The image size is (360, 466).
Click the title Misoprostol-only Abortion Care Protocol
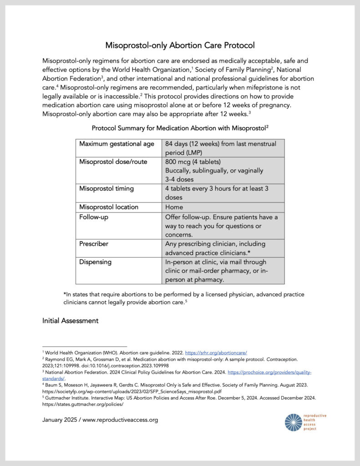coord(180,46)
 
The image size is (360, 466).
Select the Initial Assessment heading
coord(70,321)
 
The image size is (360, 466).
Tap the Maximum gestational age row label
coord(117,144)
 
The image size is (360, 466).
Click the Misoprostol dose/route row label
coord(113,162)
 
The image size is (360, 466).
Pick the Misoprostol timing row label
coord(106,189)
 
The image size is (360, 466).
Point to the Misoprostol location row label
coord(109,207)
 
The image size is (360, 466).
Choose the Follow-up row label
coord(94,217)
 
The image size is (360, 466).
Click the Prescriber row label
coord(94,244)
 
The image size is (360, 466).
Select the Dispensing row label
coord(95,262)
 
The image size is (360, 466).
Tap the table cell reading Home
coord(174,207)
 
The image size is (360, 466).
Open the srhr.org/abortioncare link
coord(216,352)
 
